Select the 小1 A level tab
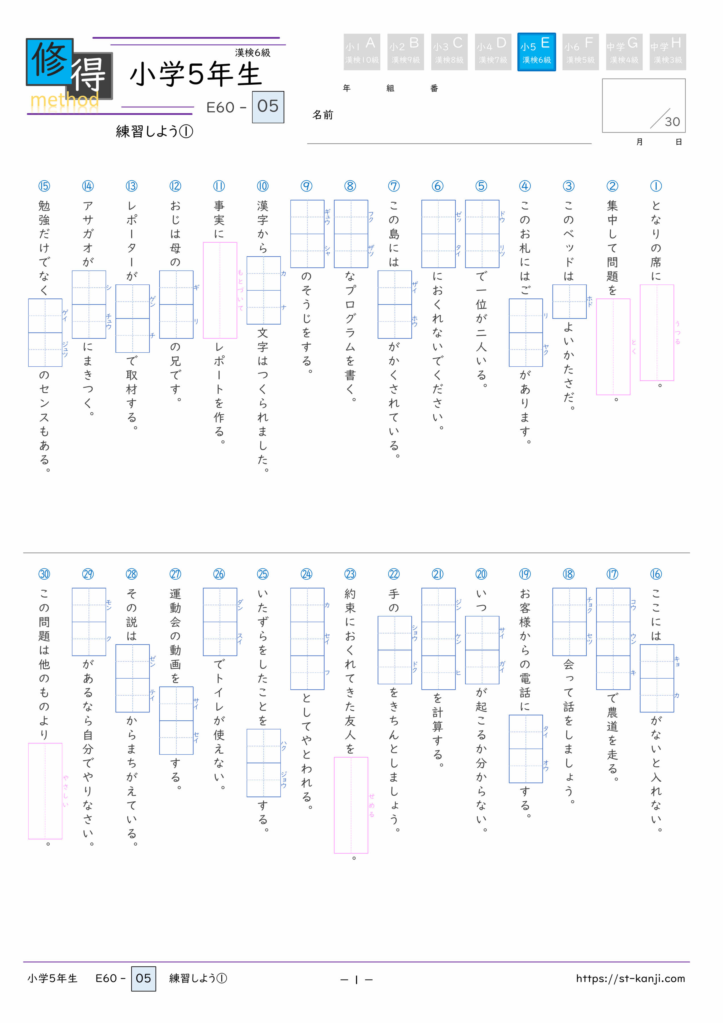[361, 52]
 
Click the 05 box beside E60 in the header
[268, 107]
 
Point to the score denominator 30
[672, 122]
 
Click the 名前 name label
[322, 115]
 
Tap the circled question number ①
[656, 186]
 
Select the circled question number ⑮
[44, 186]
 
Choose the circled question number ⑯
[656, 574]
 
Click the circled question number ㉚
[44, 574]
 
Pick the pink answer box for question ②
[613, 347]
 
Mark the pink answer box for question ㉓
[351, 805]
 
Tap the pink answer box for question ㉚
[45, 791]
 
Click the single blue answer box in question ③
[569, 302]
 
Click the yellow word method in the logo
[64, 101]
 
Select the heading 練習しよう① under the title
[154, 132]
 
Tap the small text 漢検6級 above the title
[253, 53]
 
